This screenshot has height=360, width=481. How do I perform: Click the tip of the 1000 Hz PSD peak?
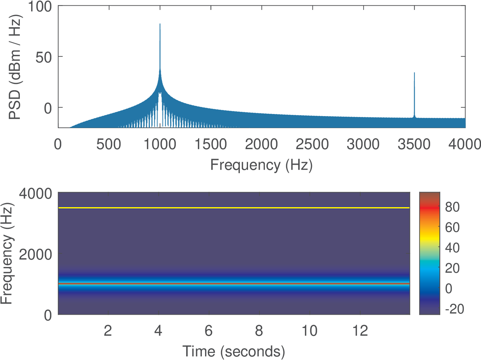(x=160, y=24)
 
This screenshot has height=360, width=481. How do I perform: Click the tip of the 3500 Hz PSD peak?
(x=414, y=73)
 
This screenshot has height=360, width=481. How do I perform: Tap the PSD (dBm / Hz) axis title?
(x=14, y=68)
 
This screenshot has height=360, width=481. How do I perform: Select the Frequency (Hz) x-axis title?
(x=261, y=165)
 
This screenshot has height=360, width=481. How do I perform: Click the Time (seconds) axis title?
(x=234, y=351)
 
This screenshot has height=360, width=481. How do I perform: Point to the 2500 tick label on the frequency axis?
(x=312, y=144)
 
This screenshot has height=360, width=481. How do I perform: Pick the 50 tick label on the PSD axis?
(x=44, y=57)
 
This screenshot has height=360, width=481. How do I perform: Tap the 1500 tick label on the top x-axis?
(x=210, y=144)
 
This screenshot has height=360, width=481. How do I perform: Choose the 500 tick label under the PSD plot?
(x=109, y=144)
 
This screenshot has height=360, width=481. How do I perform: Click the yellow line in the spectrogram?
(x=234, y=208)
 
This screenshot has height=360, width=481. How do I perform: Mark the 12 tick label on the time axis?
(x=360, y=331)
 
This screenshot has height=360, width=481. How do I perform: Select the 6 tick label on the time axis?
(x=209, y=331)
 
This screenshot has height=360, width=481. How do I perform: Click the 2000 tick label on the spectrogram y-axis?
(x=35, y=254)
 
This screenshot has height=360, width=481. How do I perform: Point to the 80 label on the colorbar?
(x=452, y=207)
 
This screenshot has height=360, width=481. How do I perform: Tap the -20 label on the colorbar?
(x=454, y=309)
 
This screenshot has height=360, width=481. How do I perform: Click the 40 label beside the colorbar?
(x=452, y=248)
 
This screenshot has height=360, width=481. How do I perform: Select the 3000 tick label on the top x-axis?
(x=363, y=144)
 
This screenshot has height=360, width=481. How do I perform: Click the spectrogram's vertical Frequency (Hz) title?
(x=7, y=254)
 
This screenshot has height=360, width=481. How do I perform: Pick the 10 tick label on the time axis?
(x=309, y=331)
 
